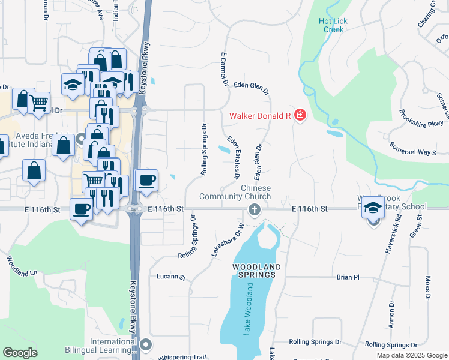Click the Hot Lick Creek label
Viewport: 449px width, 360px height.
(333, 25)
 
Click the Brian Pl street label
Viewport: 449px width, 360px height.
(348, 277)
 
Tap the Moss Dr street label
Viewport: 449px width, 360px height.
(427, 288)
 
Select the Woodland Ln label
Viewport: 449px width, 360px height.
(22, 268)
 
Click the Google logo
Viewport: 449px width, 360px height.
(20, 352)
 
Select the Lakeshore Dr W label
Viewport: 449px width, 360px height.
(227, 239)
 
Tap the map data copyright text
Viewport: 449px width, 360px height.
(411, 355)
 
